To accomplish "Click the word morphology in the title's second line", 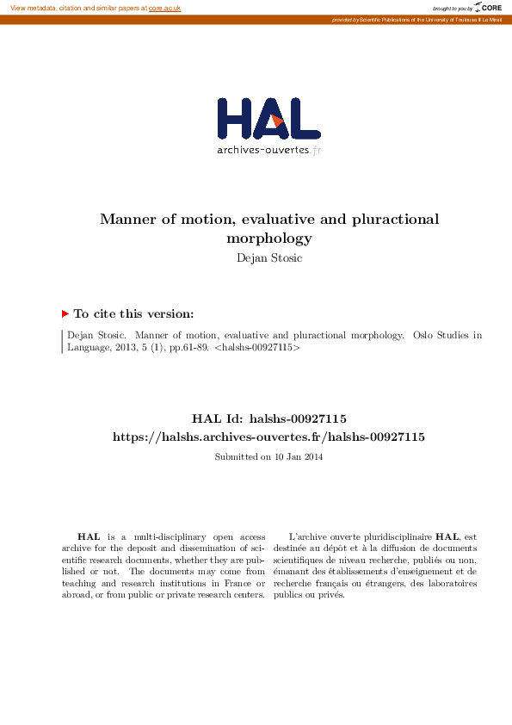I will (268, 238).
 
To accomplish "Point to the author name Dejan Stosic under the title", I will (268, 257).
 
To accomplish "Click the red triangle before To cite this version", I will (65, 314).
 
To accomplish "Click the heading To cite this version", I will (133, 314).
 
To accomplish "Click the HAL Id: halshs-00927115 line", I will (268, 419).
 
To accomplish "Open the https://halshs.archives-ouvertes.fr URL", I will (268, 437).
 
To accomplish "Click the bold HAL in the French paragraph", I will (447, 536).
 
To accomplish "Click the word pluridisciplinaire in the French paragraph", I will (395, 536).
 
